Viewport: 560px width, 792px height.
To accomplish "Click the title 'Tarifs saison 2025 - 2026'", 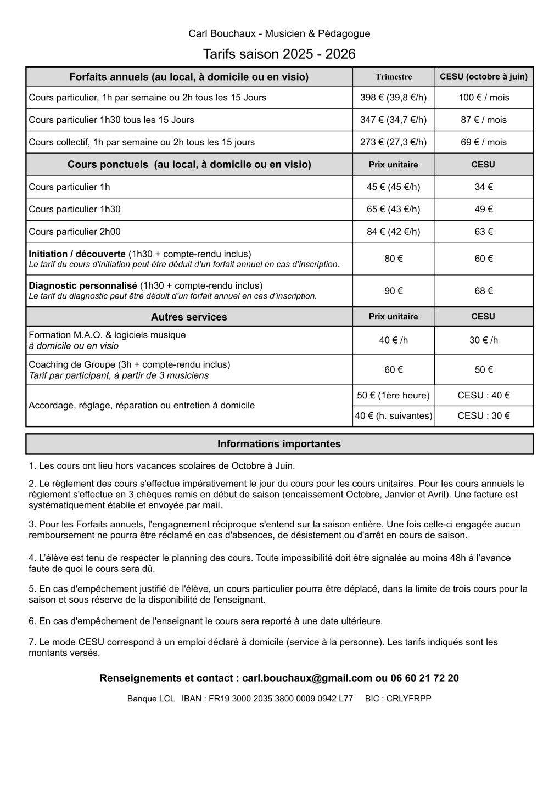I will click(x=279, y=54).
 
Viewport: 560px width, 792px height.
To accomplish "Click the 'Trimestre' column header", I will click(x=393, y=77).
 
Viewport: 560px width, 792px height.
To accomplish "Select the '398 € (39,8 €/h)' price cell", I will click(x=393, y=98).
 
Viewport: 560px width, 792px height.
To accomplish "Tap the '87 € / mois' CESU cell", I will click(x=483, y=120).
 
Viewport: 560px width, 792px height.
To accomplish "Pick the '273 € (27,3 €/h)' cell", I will click(x=393, y=142).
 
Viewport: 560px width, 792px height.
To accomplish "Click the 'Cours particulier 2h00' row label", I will click(x=75, y=232).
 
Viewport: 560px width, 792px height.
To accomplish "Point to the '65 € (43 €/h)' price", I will click(x=393, y=209).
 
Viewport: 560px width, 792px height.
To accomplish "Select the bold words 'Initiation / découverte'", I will click(x=77, y=254).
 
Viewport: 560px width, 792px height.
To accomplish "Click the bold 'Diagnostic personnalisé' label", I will click(x=82, y=285).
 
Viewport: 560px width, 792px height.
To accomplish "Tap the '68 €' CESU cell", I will click(x=483, y=291).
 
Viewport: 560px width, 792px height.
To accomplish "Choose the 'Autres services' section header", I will click(x=189, y=317).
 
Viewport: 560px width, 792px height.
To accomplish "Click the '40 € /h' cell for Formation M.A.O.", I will click(x=393, y=340).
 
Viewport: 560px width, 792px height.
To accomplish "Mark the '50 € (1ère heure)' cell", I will click(x=393, y=395).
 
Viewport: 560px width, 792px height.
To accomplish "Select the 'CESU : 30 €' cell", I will click(x=483, y=415).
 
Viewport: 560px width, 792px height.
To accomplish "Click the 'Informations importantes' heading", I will click(x=279, y=444).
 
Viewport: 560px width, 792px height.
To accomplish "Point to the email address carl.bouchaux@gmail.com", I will click(x=307, y=678).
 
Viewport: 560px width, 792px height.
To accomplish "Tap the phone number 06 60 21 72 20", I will click(x=424, y=678).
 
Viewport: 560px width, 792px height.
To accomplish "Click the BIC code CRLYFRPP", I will click(x=408, y=699).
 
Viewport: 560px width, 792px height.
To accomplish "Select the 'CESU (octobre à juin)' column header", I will click(x=483, y=77).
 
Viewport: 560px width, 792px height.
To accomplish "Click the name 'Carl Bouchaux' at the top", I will click(x=222, y=33).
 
